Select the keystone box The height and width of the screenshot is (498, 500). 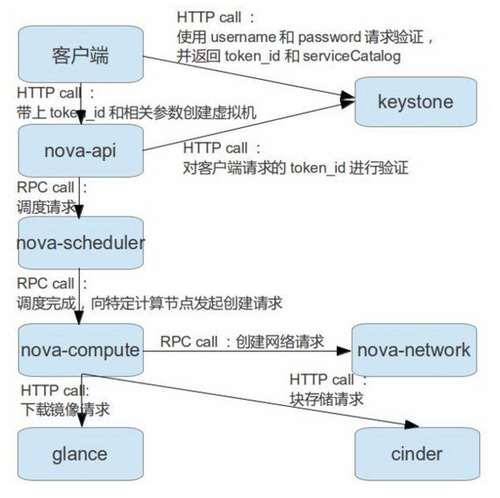[415, 102]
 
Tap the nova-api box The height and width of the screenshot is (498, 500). [81, 149]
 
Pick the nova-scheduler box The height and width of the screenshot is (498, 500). [81, 242]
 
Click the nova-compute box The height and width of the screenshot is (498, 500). [81, 350]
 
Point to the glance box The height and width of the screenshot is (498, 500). [81, 452]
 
